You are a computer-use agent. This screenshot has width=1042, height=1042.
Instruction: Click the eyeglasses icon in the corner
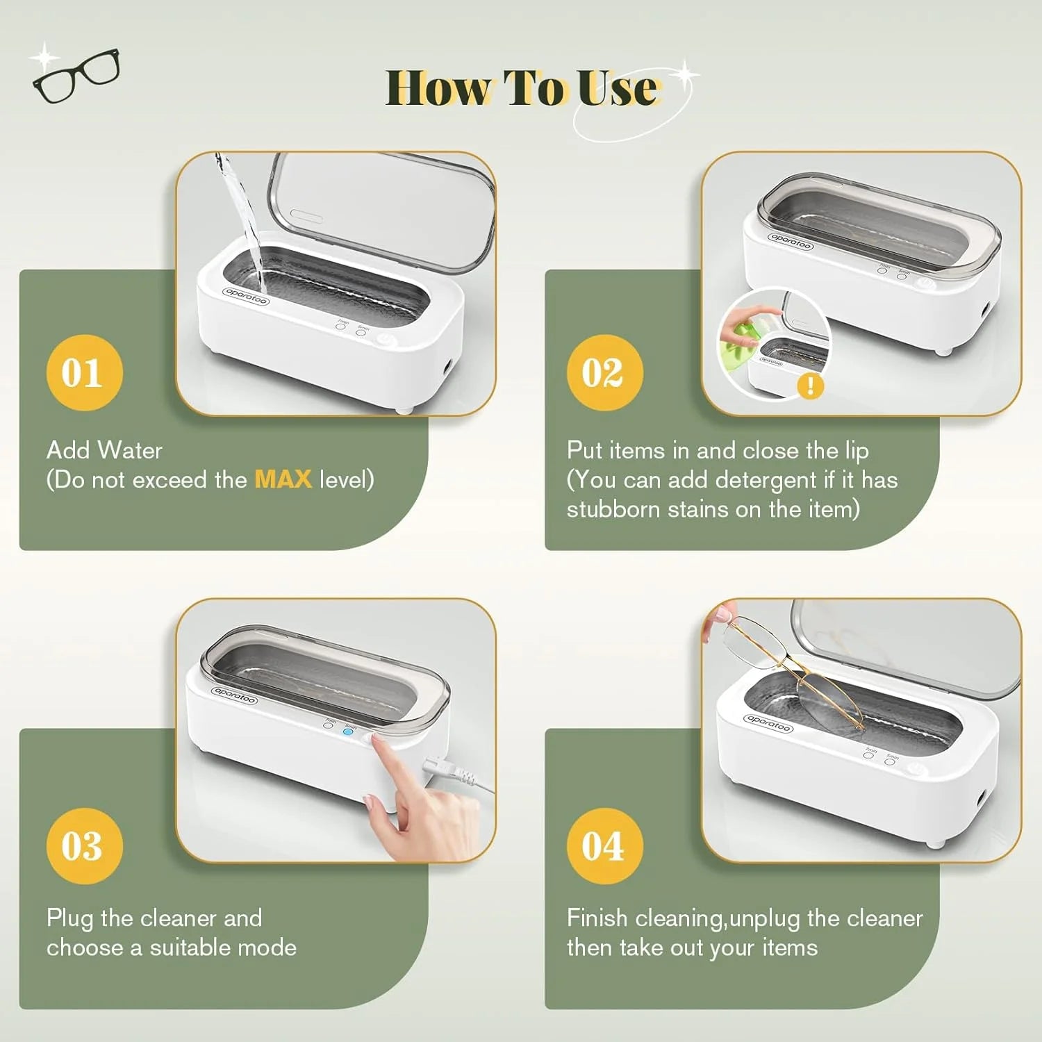click(76, 74)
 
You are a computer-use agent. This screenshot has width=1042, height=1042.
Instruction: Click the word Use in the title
click(617, 89)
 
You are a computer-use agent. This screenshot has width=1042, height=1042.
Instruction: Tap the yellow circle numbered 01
click(84, 372)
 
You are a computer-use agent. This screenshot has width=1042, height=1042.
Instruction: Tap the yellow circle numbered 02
click(604, 372)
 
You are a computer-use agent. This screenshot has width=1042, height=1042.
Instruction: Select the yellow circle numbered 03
click(84, 845)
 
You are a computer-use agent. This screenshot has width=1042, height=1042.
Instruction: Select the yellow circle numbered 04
click(604, 845)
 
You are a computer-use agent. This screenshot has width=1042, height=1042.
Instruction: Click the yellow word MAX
click(283, 479)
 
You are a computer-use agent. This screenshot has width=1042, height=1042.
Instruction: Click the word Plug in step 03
click(69, 918)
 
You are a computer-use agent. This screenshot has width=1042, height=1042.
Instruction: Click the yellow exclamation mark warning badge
click(810, 386)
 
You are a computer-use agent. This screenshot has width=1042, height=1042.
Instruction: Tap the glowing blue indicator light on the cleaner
click(349, 731)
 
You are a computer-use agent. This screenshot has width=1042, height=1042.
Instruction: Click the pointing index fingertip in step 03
click(377, 743)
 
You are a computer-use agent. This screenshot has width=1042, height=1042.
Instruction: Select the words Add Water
click(104, 450)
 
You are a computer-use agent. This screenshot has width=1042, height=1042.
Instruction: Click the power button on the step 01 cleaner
click(386, 341)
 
